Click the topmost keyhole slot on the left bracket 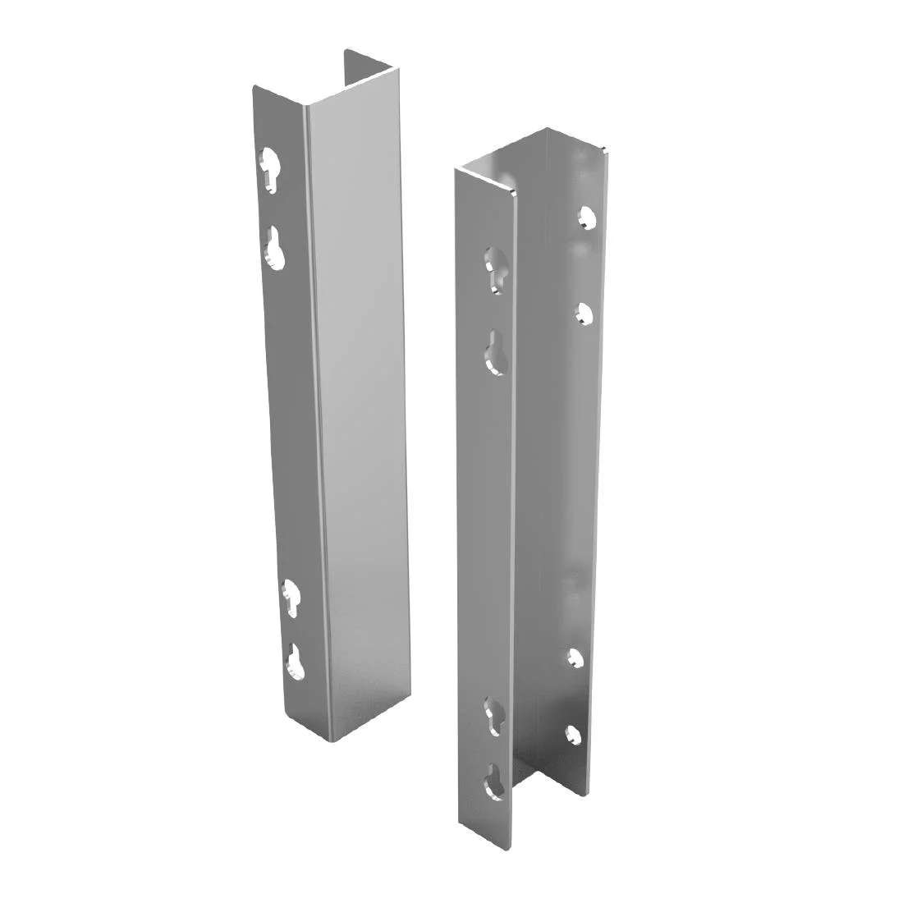tap(269, 167)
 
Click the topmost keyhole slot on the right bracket tap(493, 268)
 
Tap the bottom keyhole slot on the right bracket tap(493, 781)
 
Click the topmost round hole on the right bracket tap(586, 217)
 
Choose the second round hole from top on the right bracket tap(585, 314)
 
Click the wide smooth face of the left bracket tap(361, 410)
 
